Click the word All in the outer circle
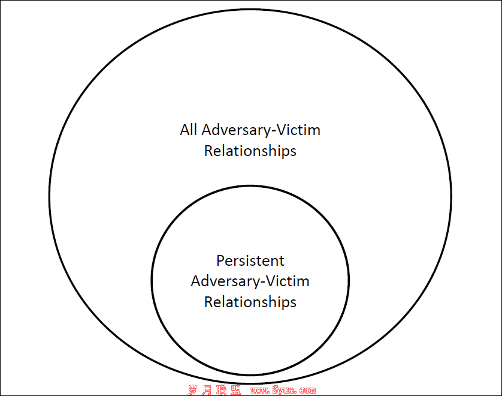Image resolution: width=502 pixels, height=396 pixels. (x=188, y=130)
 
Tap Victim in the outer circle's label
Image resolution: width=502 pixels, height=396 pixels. (x=298, y=130)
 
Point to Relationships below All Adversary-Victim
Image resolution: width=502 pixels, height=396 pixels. (x=250, y=151)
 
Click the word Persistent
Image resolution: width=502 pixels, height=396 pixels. (x=250, y=260)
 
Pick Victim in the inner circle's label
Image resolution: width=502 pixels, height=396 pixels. (x=288, y=281)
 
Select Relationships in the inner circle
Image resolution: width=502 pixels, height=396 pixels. (x=250, y=302)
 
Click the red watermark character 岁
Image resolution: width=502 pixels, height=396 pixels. (x=192, y=390)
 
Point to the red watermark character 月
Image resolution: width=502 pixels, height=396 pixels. (x=207, y=390)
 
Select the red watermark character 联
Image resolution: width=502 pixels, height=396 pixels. (x=221, y=390)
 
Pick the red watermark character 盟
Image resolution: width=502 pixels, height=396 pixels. (x=235, y=390)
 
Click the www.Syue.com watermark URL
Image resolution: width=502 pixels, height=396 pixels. (x=283, y=390)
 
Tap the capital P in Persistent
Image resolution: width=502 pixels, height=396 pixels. (x=220, y=260)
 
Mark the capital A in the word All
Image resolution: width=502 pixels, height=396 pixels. (x=185, y=130)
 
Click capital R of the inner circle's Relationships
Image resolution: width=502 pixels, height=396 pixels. (x=208, y=302)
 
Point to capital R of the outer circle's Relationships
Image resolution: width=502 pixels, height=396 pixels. (x=208, y=151)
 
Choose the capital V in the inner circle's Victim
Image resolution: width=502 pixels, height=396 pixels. (x=270, y=281)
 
